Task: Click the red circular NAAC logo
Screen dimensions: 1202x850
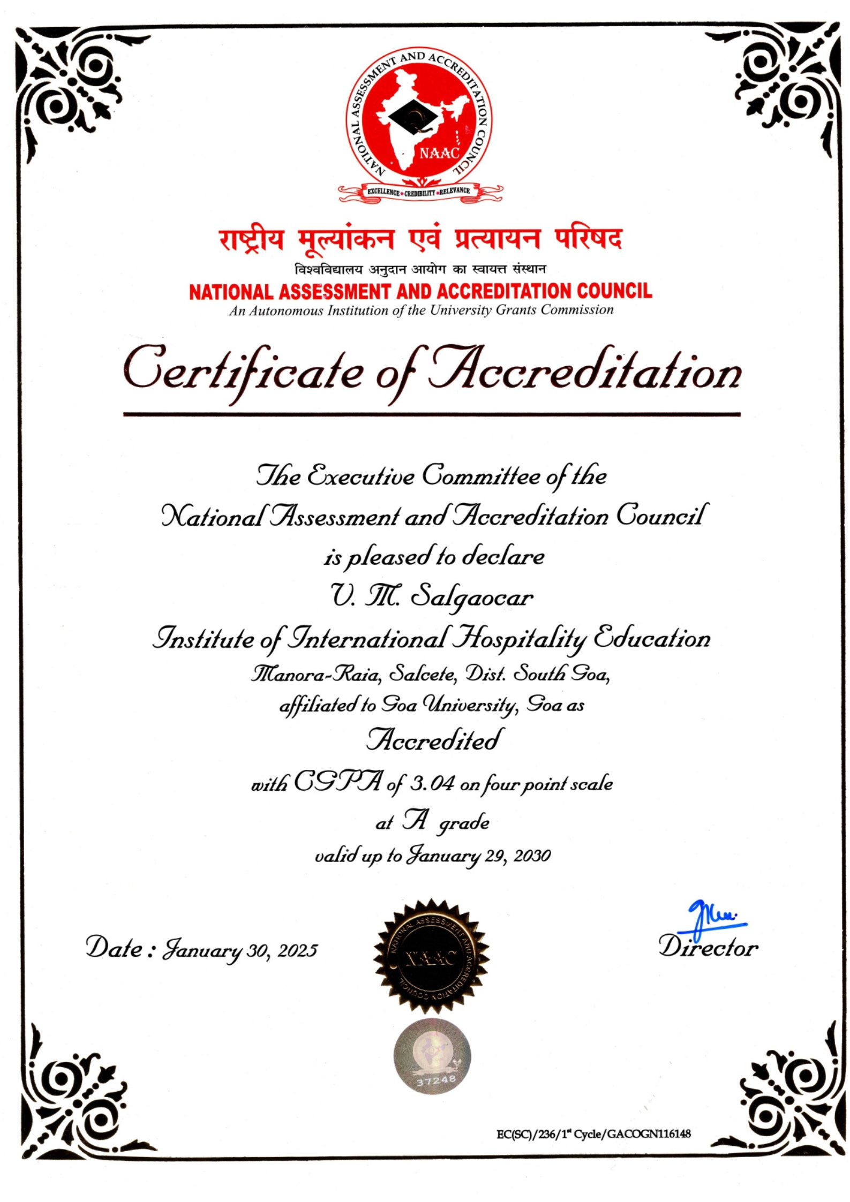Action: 418,119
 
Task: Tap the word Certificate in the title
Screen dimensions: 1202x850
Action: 244,373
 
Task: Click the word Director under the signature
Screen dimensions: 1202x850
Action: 708,948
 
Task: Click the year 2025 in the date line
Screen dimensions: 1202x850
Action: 297,950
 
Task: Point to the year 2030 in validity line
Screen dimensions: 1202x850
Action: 532,856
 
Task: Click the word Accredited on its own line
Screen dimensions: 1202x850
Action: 434,740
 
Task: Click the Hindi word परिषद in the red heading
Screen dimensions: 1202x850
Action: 588,239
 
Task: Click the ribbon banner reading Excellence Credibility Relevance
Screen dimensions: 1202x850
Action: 419,191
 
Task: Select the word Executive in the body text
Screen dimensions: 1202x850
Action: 360,475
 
